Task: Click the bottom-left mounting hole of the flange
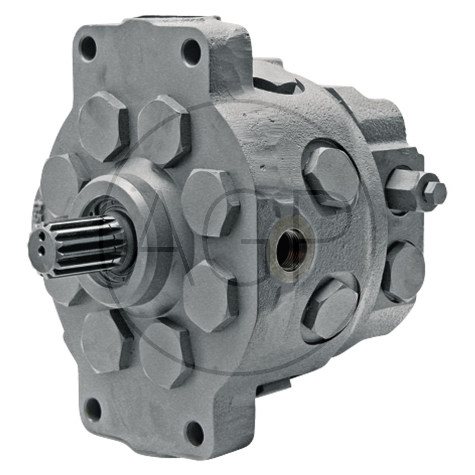tap(93, 410)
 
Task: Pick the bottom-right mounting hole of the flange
tap(194, 433)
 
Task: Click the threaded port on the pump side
tap(291, 249)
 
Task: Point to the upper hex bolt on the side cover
tap(332, 176)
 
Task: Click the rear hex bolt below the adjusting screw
tap(404, 272)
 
